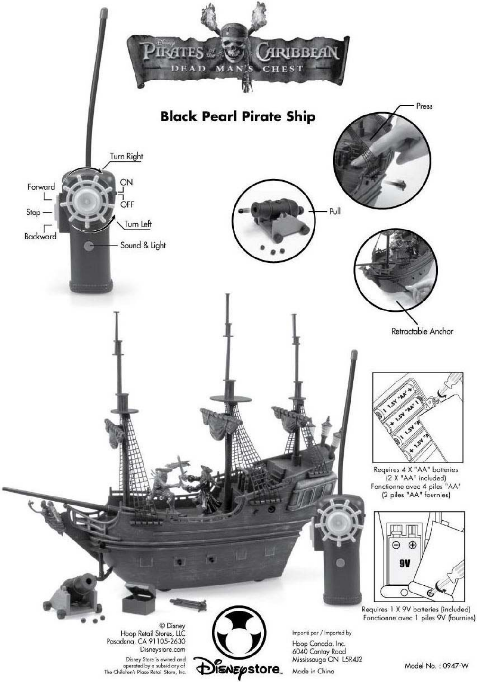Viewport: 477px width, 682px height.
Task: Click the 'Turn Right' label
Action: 126,156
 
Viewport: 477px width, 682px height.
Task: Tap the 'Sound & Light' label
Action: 143,245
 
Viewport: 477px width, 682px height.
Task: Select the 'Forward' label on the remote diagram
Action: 41,187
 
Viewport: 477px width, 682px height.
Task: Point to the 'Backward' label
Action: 40,236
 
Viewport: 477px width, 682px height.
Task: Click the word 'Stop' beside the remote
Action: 33,212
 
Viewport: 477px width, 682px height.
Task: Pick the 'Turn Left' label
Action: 138,224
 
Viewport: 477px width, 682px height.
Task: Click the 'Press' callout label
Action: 424,106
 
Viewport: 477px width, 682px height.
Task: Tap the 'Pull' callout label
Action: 334,211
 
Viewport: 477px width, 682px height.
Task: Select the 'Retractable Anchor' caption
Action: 422,331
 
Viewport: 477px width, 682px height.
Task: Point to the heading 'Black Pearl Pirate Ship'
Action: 237,116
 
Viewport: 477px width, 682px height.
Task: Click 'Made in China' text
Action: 313,671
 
